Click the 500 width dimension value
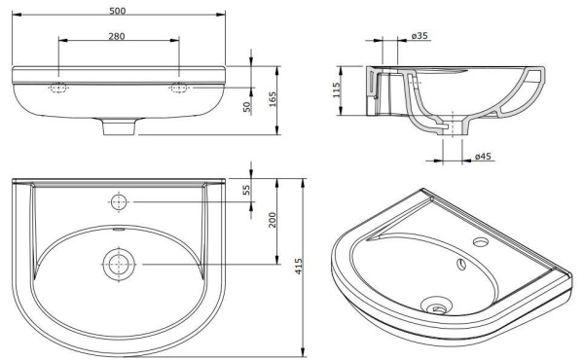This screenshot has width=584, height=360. (118, 9)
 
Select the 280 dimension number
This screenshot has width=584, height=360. (118, 35)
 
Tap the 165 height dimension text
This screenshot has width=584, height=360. (274, 97)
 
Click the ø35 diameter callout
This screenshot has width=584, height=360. (420, 36)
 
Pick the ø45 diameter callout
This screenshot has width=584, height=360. (483, 157)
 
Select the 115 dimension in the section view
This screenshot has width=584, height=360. (337, 91)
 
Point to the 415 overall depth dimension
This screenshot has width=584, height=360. (301, 264)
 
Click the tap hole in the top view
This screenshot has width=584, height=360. (119, 202)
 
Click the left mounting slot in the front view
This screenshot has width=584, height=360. (57, 88)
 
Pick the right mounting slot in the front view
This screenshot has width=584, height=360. (179, 88)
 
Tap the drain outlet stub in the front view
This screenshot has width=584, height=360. (118, 126)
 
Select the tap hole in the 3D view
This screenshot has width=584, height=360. (479, 240)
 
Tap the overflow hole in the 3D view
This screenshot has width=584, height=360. (459, 261)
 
